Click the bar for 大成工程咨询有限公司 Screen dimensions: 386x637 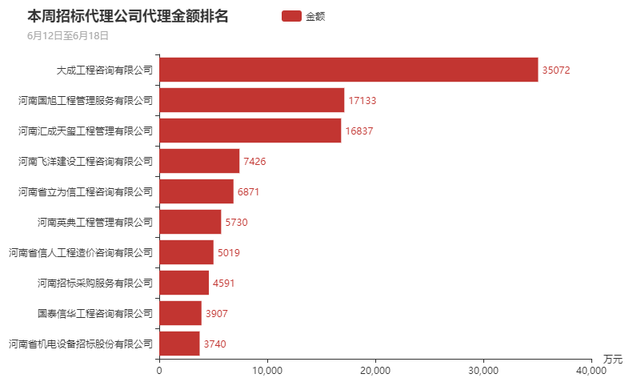click(349, 70)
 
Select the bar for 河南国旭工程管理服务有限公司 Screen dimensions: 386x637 click(252, 100)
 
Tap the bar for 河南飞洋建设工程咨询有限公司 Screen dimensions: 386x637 click(199, 161)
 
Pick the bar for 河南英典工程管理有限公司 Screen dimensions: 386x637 click(190, 222)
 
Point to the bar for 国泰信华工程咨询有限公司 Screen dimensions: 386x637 click(181, 313)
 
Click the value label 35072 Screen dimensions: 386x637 click(555, 70)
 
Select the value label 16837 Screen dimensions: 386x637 click(359, 131)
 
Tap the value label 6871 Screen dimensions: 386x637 click(248, 192)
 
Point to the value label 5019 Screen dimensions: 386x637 click(228, 253)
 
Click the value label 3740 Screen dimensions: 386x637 click(214, 344)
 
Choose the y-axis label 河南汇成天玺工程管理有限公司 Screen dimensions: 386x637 click(85, 131)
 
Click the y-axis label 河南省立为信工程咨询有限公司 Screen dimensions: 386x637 click(85, 191)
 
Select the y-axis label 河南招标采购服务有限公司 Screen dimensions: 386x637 click(94, 283)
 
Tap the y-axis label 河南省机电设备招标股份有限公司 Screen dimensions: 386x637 click(80, 344)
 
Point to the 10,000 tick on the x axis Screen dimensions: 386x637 click(267, 370)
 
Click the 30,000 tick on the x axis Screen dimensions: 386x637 click(483, 370)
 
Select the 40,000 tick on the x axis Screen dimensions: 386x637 click(591, 370)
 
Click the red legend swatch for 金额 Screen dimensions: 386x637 click(292, 16)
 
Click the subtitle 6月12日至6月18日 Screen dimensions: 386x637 click(67, 36)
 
